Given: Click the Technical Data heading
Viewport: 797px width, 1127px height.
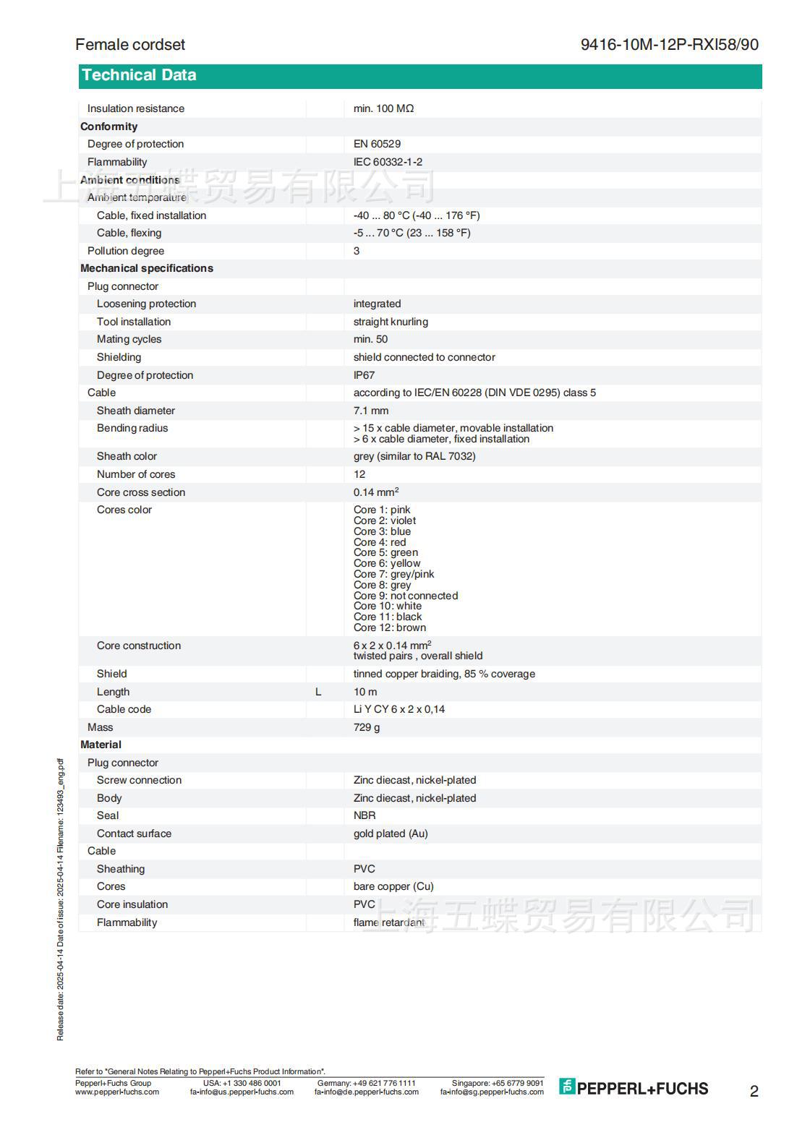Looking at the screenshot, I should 139,75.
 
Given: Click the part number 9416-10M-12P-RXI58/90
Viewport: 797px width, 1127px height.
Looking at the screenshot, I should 669,45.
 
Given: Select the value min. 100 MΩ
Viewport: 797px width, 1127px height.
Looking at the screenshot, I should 383,108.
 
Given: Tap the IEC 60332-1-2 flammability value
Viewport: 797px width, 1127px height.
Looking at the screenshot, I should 388,162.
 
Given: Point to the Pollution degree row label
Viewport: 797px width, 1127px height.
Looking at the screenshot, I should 126,251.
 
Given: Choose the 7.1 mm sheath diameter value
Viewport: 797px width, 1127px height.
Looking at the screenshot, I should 370,411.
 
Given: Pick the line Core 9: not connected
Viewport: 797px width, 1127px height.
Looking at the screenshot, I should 405,596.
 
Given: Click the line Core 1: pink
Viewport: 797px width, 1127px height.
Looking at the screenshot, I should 381,510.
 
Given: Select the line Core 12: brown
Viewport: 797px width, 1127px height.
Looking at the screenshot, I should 389,627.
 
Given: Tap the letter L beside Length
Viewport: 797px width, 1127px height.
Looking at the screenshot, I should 318,692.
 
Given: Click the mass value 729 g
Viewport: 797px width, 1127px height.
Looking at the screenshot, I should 366,727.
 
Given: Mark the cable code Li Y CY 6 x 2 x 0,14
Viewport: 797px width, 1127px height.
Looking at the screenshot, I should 399,709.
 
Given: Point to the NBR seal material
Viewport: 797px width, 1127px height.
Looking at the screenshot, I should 365,815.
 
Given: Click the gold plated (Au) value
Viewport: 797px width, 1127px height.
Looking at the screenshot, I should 391,834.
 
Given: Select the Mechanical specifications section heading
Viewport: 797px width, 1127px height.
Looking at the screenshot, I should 147,268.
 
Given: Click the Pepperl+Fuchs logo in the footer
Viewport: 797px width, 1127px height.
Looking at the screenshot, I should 634,1088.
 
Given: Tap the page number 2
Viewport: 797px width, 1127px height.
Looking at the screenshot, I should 754,1092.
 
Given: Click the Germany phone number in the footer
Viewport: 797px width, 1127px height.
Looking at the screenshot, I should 366,1083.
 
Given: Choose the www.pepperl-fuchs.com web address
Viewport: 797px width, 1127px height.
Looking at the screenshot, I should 117,1092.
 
